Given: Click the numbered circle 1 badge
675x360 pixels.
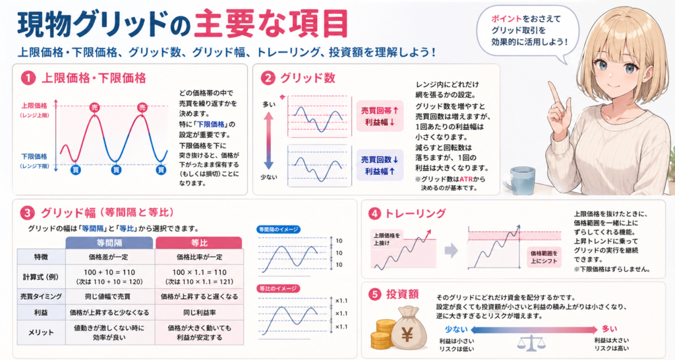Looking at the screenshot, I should point(28,78).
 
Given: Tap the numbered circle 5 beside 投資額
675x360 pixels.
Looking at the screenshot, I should point(375,295).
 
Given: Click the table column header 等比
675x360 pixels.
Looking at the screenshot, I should point(199,242).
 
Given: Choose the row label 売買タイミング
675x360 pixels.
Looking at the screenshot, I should point(42,297).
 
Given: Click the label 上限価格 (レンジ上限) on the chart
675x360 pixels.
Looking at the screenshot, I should point(35,108).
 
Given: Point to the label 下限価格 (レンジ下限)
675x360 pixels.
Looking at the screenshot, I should point(35,160).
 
